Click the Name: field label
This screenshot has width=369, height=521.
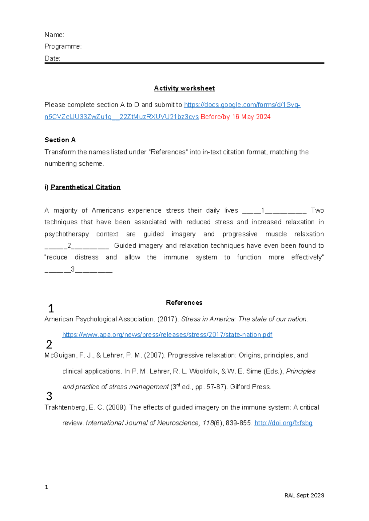tap(54, 35)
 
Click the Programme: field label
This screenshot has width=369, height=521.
tap(63, 46)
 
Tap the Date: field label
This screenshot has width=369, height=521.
tap(52, 58)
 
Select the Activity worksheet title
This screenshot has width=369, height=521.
tap(184, 88)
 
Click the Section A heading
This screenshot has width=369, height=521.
tap(60, 140)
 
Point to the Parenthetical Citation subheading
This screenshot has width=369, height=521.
tap(85, 187)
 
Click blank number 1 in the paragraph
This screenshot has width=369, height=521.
tap(274, 211)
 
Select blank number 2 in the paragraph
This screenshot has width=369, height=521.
tap(77, 246)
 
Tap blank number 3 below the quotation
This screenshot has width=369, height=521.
tap(78, 270)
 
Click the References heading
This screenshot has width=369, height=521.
tap(184, 303)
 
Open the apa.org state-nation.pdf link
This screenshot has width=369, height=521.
tap(167, 335)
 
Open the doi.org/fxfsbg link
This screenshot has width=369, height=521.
tap(283, 423)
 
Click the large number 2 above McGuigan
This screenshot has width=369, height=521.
tap(49, 345)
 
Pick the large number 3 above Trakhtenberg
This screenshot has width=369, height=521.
tap(49, 396)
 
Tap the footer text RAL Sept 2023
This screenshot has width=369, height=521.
tap(304, 495)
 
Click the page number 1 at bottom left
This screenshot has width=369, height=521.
tap(46, 487)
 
